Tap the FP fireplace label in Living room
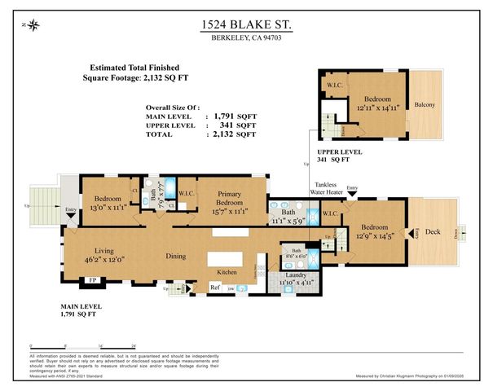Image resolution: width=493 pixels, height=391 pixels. click(x=90, y=282)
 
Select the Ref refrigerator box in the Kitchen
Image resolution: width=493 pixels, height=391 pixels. click(x=215, y=287)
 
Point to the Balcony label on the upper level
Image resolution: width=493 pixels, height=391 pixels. click(x=424, y=104)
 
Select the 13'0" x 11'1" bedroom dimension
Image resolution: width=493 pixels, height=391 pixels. click(x=107, y=207)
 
